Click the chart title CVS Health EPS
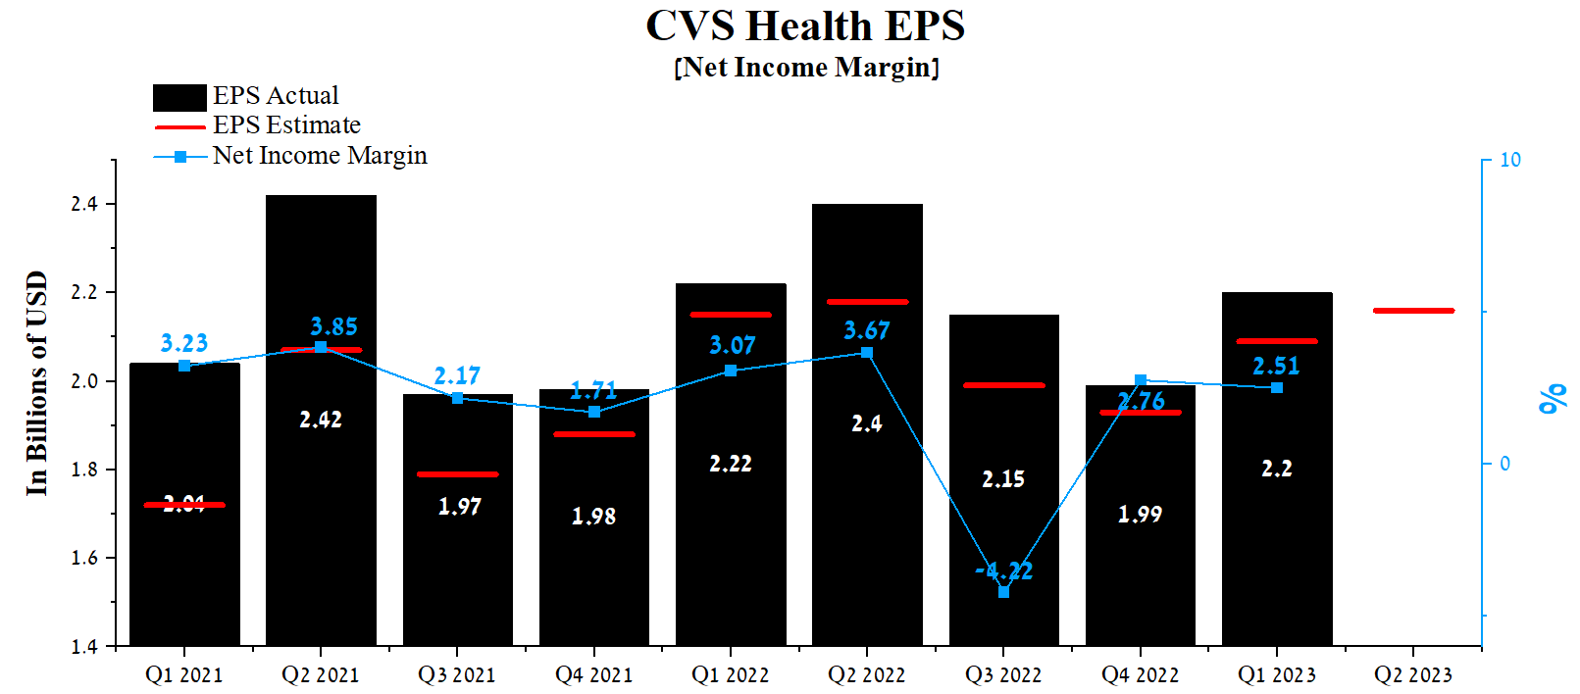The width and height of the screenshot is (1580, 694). tap(805, 25)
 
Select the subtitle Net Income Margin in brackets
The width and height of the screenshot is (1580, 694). tap(806, 68)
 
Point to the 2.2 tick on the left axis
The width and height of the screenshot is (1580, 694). tap(84, 292)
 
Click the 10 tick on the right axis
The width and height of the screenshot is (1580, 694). tap(1510, 160)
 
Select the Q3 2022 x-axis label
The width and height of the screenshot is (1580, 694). tap(1002, 674)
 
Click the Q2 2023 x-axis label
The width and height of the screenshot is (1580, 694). tap(1412, 674)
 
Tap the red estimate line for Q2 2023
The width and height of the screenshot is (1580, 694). tap(1413, 311)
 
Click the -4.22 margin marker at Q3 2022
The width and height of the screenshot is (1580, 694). tap(1003, 592)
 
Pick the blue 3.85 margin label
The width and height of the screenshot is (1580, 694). tap(333, 326)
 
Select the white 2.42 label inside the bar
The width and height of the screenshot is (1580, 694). tap(321, 420)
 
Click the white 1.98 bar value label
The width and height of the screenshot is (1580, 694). tap(593, 517)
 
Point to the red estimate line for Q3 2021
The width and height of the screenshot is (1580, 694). tap(457, 474)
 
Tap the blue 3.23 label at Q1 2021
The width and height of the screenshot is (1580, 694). tap(184, 343)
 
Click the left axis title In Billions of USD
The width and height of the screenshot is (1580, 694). tap(36, 383)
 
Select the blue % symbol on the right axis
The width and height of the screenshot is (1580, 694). tap(1553, 399)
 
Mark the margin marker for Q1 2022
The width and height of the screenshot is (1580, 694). tap(731, 371)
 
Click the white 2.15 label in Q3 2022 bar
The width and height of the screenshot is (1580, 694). tap(1003, 479)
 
